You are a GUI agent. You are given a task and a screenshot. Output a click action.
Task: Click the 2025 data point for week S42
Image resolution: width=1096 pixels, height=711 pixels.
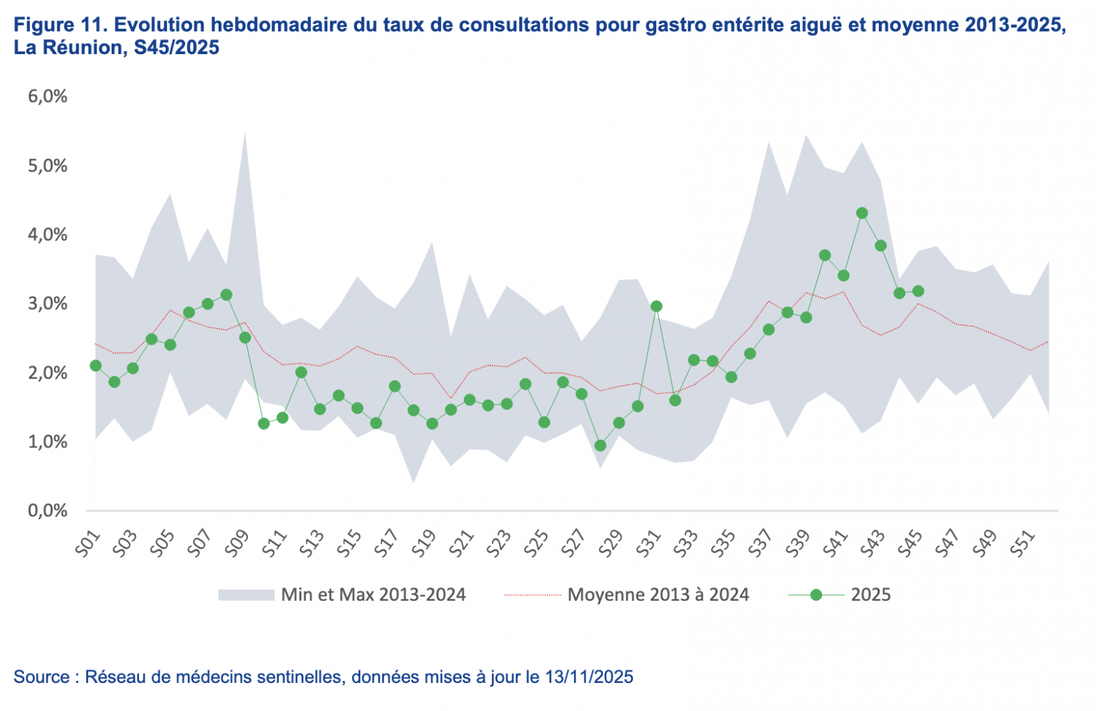862,213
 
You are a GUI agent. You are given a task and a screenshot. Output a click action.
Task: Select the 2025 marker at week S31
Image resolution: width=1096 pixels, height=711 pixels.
656,306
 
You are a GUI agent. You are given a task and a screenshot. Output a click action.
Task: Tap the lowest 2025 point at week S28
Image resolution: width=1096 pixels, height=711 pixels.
600,446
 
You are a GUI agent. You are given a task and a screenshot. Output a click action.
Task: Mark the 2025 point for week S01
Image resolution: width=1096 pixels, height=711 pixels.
95,366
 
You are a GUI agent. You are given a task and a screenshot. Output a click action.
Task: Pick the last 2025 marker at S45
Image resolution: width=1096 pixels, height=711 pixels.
918,291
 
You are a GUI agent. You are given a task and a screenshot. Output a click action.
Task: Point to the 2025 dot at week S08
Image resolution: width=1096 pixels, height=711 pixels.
226,295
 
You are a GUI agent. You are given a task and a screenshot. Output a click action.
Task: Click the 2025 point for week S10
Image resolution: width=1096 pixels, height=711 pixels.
264,424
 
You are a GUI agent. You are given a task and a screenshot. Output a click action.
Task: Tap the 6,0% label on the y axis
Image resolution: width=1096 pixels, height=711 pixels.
47,97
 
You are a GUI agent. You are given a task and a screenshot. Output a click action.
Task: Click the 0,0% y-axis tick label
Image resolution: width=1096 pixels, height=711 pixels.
47,511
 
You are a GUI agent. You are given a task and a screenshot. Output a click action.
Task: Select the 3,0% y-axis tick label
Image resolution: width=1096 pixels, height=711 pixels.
47,303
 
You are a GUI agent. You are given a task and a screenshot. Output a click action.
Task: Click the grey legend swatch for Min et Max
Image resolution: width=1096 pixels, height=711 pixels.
246,595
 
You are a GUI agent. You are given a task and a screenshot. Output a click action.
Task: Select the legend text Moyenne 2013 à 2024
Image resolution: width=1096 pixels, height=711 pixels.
658,595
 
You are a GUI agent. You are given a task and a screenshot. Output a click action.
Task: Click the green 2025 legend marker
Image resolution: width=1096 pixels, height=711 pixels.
816,595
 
